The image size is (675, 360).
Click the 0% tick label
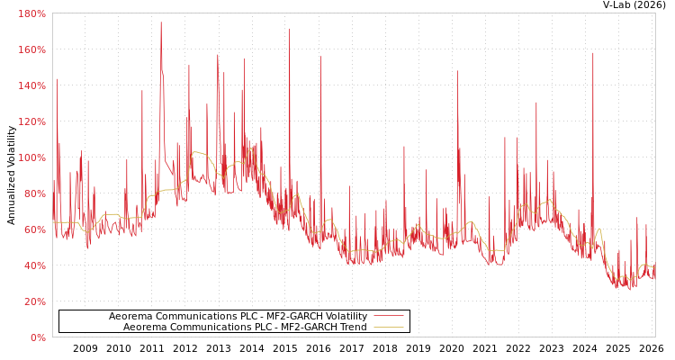38,337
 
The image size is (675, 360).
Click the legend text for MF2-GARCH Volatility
238,316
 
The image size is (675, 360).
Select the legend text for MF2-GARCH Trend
245,327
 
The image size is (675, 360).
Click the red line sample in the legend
388,316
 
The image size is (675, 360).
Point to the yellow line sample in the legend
388,327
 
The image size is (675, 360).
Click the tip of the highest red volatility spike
161,22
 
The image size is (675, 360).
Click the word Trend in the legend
352,327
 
